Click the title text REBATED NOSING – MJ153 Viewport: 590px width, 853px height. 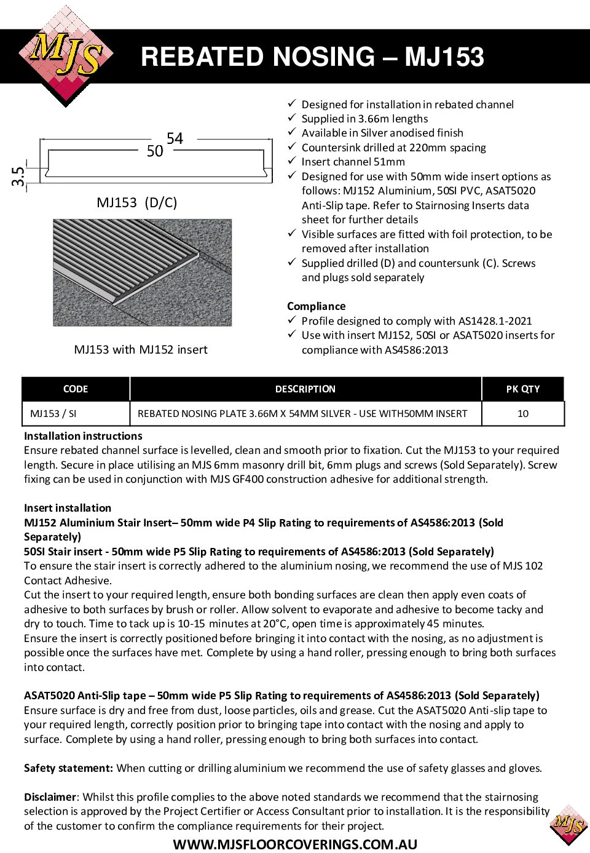coord(312,57)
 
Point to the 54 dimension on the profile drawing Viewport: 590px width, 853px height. coord(175,138)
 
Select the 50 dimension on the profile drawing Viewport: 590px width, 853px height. coord(155,151)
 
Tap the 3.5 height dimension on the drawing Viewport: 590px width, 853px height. coord(18,177)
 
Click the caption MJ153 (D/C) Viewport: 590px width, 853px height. coord(137,202)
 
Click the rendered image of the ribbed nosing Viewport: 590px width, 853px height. coord(143,272)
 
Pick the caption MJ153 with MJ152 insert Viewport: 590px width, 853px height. coord(141,349)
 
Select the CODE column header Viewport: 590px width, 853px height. coord(76,389)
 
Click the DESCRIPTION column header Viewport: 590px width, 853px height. coord(305,389)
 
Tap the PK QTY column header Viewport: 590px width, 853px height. coord(523,389)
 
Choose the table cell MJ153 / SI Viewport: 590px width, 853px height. coord(53,413)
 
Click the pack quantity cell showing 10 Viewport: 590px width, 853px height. coord(523,413)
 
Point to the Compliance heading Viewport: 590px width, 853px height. coord(316,306)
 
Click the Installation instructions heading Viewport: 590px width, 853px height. coord(83,436)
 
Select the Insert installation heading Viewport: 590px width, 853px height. coord(68,508)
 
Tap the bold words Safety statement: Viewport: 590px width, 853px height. coord(68,768)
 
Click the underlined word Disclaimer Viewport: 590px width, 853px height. coord(50,797)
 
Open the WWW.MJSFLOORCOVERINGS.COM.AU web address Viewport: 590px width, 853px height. coord(295,844)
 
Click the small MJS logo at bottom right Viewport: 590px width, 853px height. coord(569,824)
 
